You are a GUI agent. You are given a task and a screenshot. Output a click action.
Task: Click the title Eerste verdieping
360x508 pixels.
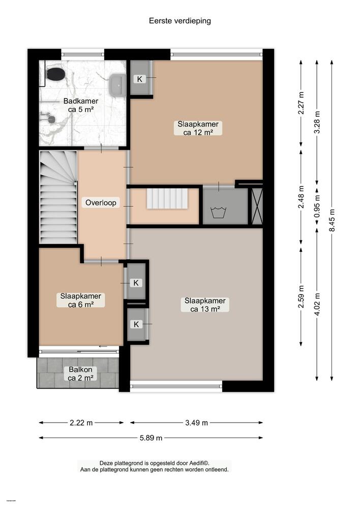point(179,21)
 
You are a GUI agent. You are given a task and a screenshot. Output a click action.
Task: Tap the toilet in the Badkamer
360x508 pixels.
point(55,74)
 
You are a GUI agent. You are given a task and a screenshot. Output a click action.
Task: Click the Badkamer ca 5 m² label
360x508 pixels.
point(80,105)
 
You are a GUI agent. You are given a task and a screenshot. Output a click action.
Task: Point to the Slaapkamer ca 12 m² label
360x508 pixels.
point(198,128)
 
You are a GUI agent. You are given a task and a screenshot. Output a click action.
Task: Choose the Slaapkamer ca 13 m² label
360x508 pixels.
point(205,305)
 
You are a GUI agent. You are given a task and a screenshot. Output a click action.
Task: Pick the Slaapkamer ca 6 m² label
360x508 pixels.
point(80,300)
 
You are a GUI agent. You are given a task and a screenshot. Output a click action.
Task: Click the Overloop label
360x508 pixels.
point(101,203)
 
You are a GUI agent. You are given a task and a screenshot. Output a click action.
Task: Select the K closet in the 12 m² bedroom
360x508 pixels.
point(139,79)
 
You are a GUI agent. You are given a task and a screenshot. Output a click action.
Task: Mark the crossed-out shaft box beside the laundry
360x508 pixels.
point(257,206)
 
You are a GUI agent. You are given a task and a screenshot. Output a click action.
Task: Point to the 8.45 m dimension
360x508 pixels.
point(332,220)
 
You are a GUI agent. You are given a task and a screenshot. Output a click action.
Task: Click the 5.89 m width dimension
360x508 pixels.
point(152,438)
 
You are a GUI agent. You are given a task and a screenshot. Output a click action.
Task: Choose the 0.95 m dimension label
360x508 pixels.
point(317,207)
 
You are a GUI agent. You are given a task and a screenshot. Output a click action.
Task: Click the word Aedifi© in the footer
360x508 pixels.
point(198,463)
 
